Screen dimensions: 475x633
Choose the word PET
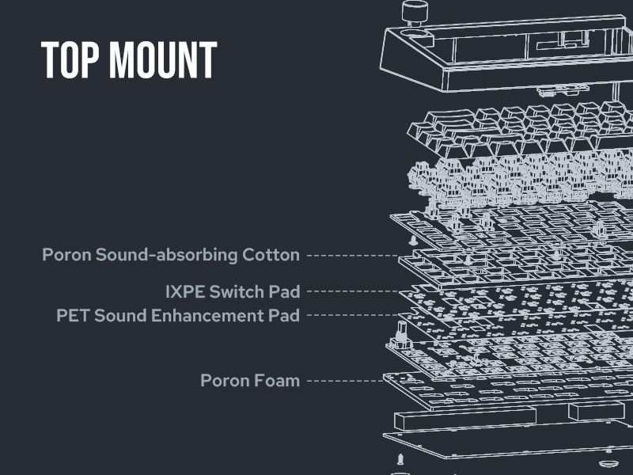72,315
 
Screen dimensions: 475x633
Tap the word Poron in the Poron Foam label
225,381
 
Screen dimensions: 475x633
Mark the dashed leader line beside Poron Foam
344,381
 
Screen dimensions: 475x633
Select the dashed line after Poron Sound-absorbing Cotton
352,255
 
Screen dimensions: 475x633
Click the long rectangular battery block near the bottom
442,420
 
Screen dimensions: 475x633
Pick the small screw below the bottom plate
400,460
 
